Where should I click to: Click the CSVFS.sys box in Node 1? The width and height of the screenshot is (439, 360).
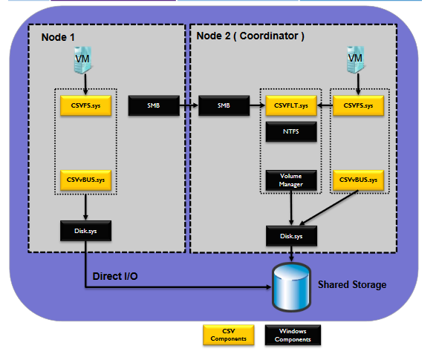click(85, 105)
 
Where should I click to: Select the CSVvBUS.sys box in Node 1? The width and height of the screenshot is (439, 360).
click(85, 180)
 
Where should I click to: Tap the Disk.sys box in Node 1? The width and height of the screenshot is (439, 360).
click(85, 231)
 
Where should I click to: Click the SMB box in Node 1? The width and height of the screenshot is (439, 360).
click(154, 105)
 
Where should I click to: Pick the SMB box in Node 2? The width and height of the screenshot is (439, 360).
click(224, 105)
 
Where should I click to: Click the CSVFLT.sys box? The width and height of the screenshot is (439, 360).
click(291, 105)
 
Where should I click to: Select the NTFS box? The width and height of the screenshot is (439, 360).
click(291, 131)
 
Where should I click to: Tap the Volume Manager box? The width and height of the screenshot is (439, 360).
click(291, 180)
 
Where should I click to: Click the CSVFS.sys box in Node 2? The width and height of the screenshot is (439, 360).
click(358, 105)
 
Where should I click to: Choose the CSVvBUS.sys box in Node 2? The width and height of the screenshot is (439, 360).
click(358, 180)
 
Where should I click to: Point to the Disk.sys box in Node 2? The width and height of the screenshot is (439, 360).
click(291, 236)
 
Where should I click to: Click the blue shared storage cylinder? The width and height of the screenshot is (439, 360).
click(291, 287)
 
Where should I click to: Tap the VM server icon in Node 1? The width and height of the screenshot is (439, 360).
click(83, 60)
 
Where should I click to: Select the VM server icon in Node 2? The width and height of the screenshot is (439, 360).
click(356, 59)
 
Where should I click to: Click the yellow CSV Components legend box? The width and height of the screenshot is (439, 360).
click(229, 335)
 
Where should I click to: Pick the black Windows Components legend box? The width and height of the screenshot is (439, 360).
click(293, 335)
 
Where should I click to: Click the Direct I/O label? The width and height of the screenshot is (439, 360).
click(115, 276)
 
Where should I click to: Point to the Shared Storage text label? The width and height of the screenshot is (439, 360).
click(352, 285)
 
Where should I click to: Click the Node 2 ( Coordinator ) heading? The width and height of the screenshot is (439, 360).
click(250, 36)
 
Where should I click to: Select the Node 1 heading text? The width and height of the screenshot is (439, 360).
click(58, 37)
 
